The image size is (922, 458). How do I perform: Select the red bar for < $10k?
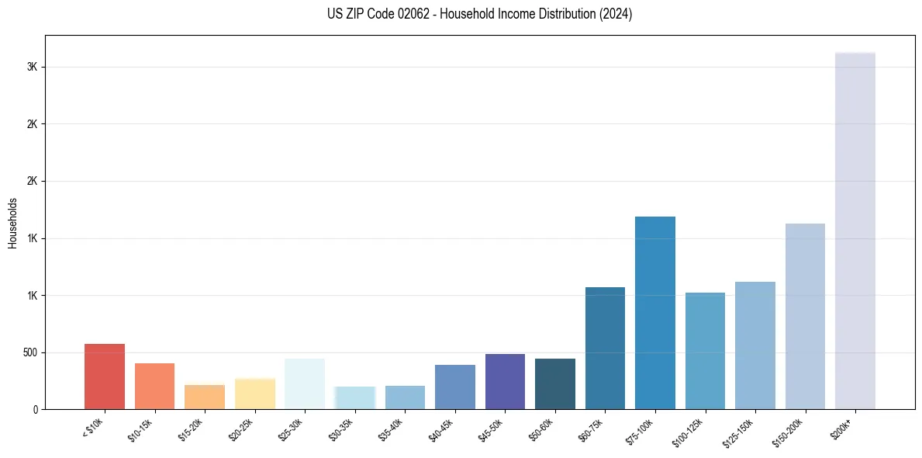click(105, 376)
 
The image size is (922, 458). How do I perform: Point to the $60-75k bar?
click(605, 349)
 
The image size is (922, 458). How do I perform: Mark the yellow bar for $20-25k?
click(255, 394)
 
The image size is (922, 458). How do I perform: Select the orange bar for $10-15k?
click(154, 387)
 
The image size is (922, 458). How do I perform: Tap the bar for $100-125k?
click(705, 351)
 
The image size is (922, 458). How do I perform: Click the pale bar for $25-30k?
click(305, 384)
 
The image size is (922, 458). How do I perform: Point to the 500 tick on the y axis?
click(31, 352)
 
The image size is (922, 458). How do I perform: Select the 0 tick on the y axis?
click(36, 409)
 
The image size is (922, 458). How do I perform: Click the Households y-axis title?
click(13, 223)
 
